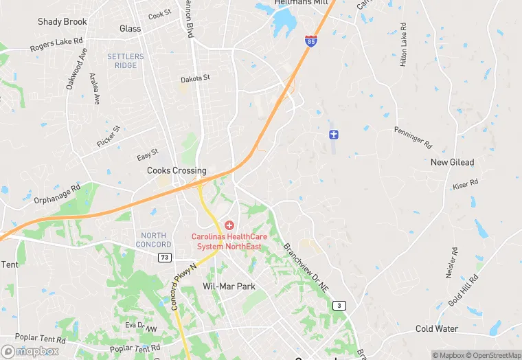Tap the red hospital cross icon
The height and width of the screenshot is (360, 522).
[x=229, y=225]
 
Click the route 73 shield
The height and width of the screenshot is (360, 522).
[x=164, y=257]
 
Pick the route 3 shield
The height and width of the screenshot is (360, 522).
[x=339, y=305]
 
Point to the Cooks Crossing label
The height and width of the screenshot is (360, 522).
[x=177, y=170]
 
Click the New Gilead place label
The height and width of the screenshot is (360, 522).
[x=452, y=162]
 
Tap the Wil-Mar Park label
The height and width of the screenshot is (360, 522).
[x=229, y=285]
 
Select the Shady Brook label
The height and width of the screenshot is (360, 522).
[x=63, y=21]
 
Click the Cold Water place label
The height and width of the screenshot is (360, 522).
[x=437, y=328]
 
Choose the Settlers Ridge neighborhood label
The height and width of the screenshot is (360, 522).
[x=126, y=61]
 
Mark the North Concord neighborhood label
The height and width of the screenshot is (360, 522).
[x=153, y=240]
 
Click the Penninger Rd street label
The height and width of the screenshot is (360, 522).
[x=413, y=138]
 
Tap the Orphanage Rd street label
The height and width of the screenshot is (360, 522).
[x=57, y=194]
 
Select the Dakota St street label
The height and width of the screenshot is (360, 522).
[x=195, y=79]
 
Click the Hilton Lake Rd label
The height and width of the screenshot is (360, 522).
[x=404, y=46]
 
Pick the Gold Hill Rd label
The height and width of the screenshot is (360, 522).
[x=464, y=290]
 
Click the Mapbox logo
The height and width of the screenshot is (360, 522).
[x=30, y=351]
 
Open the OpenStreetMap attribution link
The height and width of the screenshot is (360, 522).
[x=492, y=355]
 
